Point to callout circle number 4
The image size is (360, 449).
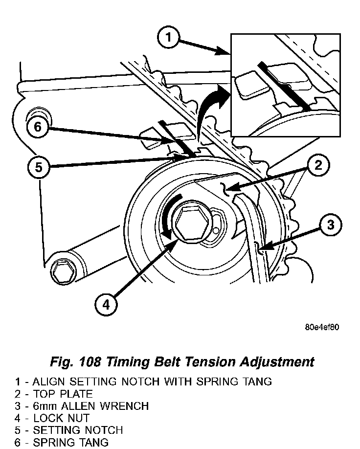coord(106,304)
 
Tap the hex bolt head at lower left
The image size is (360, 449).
coord(62,271)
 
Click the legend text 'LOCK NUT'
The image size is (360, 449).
coord(61,418)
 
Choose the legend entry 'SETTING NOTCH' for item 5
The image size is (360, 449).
coord(78,430)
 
